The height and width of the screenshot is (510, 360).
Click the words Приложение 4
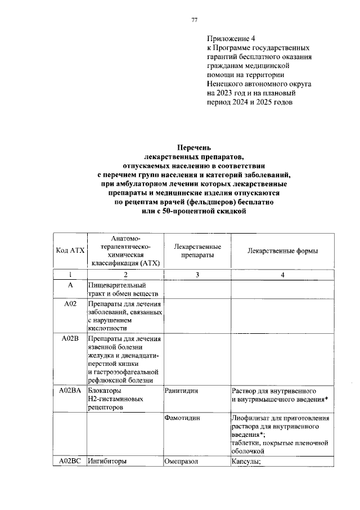pyautogui.click(x=231, y=38)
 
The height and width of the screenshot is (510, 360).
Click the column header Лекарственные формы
pyautogui.click(x=282, y=251)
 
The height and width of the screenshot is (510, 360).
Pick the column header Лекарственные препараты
pyautogui.click(x=197, y=251)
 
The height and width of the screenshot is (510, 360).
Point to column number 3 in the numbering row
pyautogui.click(x=197, y=275)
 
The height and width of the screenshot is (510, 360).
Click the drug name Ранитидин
pyautogui.click(x=182, y=390)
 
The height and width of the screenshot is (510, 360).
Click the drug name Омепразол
pyautogui.click(x=182, y=461)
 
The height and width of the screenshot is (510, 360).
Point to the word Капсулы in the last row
pyautogui.click(x=247, y=461)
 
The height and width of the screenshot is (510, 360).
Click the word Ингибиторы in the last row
pyautogui.click(x=107, y=461)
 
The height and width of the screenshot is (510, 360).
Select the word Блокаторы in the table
pyautogui.click(x=105, y=390)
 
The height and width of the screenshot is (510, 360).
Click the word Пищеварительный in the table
pyautogui.click(x=117, y=285)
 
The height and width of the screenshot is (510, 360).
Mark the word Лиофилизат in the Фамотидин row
pyautogui.click(x=250, y=419)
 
